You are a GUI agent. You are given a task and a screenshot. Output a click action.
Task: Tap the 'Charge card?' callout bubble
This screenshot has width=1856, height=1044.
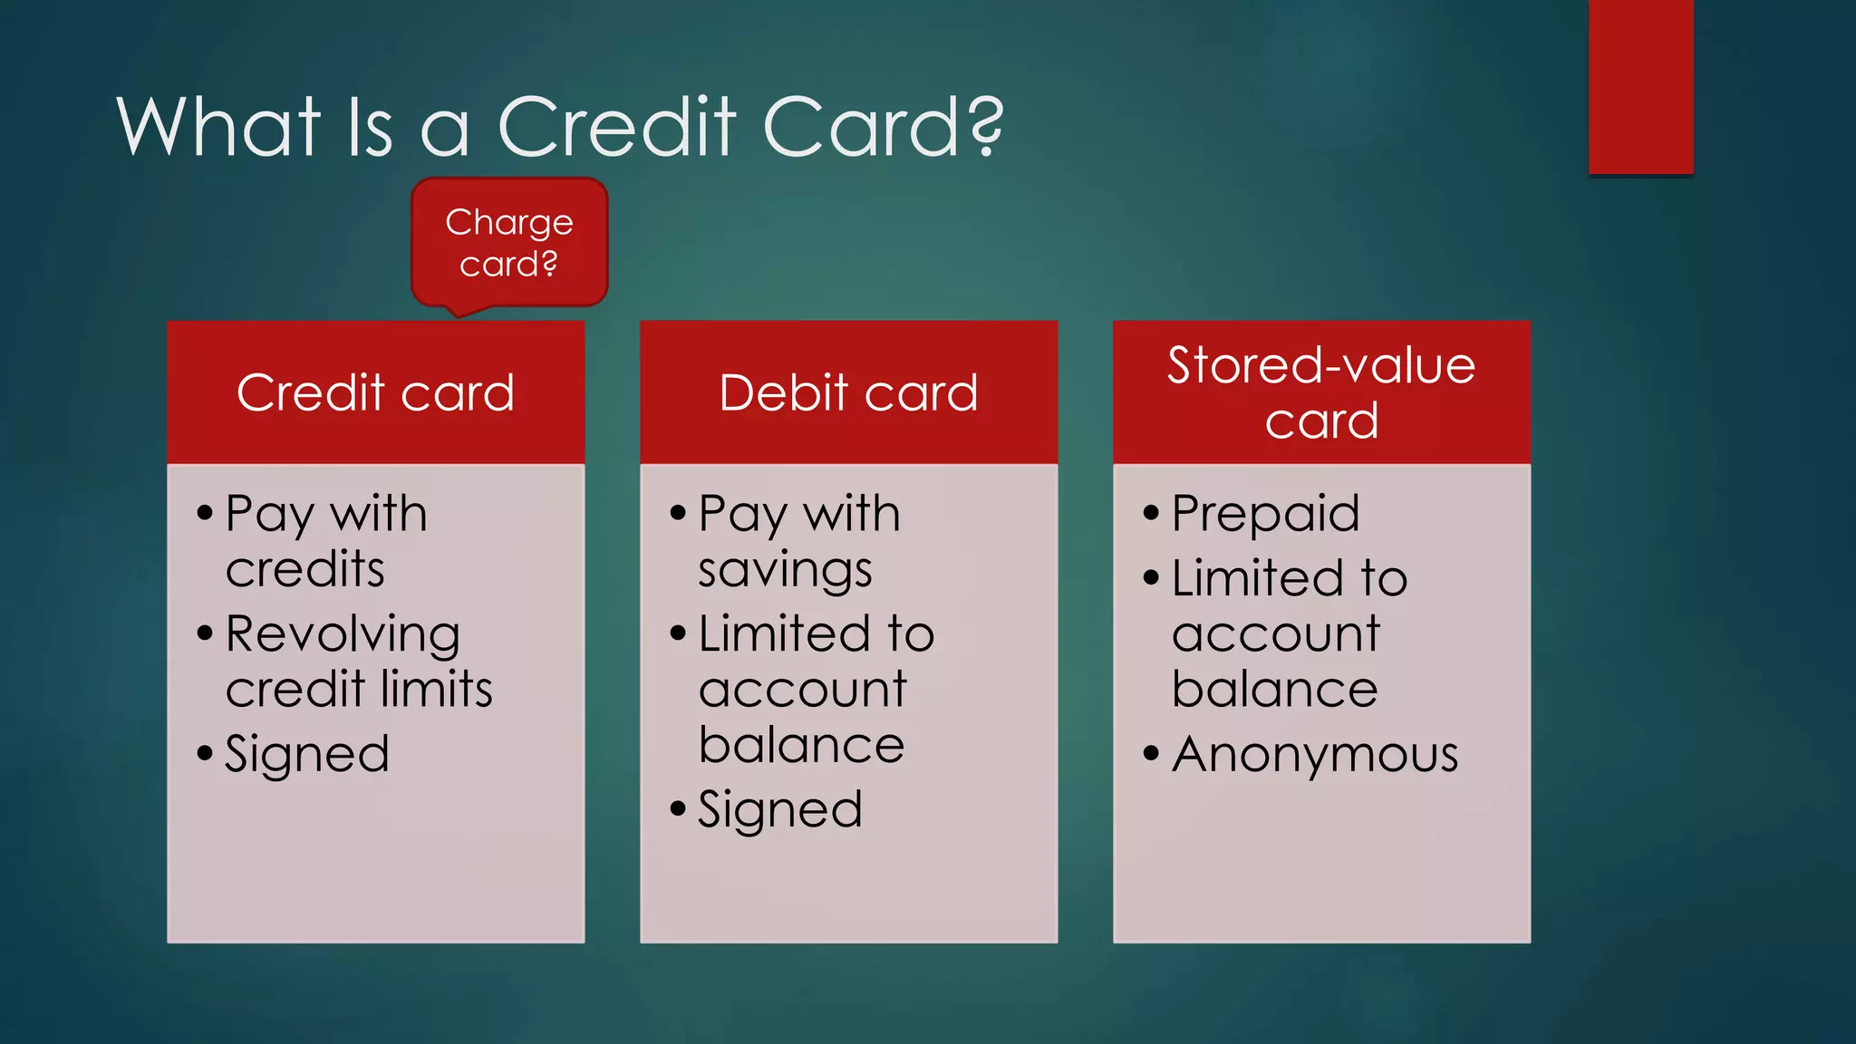tap(509, 243)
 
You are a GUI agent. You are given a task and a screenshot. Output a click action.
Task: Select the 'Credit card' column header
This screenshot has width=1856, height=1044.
tap(375, 392)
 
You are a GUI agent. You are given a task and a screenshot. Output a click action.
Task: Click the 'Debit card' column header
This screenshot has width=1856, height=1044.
tap(848, 392)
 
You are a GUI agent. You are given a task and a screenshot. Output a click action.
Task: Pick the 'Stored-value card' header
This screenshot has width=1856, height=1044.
tap(1321, 392)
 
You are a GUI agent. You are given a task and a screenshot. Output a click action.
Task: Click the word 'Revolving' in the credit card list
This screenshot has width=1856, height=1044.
tap(343, 633)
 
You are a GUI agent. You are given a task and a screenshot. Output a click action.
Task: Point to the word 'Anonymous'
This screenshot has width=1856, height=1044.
tap(1315, 754)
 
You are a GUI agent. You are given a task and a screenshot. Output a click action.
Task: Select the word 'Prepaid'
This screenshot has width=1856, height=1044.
tap(1265, 514)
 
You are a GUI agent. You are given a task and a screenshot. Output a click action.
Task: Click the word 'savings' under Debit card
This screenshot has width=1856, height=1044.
tap(785, 570)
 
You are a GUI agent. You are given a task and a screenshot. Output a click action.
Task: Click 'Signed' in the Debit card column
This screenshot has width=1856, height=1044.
tap(779, 809)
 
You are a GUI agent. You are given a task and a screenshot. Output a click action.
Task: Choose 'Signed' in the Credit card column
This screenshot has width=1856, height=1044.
tap(307, 754)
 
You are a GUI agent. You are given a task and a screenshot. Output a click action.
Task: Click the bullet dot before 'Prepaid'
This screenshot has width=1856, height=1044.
tap(1151, 513)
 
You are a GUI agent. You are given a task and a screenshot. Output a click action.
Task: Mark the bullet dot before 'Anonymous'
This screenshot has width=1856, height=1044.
tap(1151, 753)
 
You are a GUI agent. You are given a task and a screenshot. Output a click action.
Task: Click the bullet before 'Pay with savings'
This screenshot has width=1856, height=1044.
tap(678, 513)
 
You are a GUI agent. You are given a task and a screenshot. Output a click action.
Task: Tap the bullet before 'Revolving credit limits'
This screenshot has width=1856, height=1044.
tap(205, 633)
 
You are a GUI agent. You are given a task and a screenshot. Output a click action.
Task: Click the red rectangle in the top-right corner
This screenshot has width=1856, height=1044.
tap(1640, 86)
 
